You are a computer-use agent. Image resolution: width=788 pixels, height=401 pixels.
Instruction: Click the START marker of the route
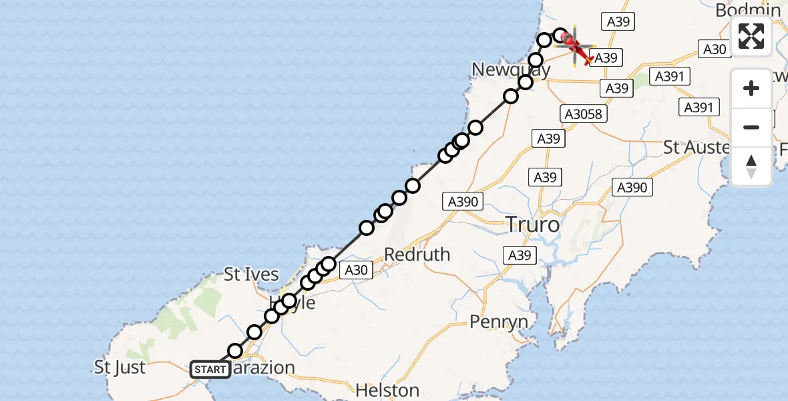click(210, 369)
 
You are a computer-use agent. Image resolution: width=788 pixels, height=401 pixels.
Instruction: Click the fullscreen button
click(751, 36)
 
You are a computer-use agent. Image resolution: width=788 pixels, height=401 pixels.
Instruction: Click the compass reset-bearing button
click(751, 166)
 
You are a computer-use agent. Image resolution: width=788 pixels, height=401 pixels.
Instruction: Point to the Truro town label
click(533, 225)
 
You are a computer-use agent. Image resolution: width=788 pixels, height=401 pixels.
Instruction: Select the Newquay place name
click(511, 70)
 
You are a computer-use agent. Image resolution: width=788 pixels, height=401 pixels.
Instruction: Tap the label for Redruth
click(417, 255)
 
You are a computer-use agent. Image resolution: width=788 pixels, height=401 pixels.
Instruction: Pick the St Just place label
click(120, 367)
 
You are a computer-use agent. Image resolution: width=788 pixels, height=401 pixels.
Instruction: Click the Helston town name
click(387, 390)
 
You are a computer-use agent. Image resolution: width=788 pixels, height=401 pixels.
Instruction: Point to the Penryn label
click(499, 322)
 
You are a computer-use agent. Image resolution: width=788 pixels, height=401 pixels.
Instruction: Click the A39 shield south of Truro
click(520, 255)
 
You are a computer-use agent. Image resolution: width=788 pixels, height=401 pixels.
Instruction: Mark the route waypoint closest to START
click(235, 351)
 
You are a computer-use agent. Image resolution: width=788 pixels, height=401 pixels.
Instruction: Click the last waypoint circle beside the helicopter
click(560, 35)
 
